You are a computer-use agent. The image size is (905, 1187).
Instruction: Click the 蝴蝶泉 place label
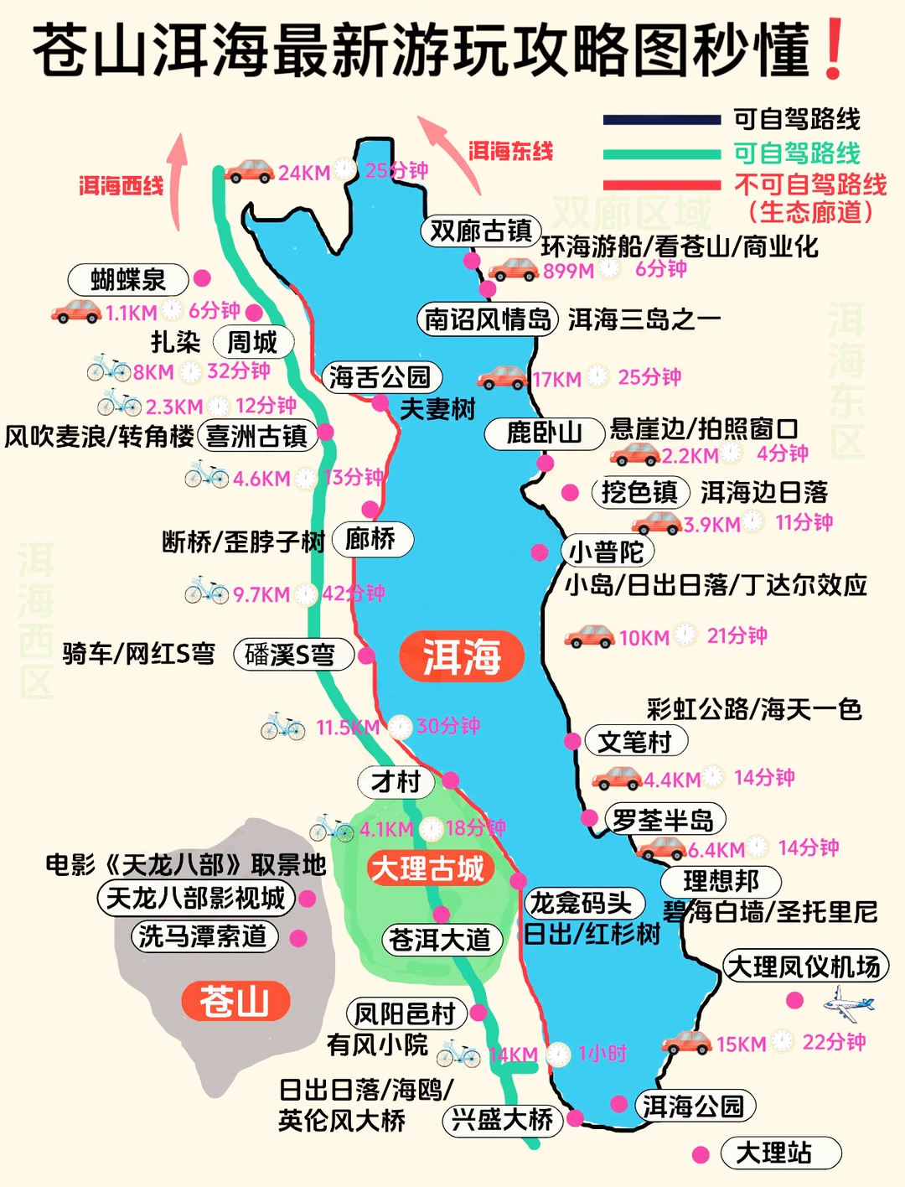tap(128, 280)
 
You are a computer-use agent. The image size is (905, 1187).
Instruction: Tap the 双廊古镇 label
tap(481, 231)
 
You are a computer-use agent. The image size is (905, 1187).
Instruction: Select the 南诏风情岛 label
tap(488, 319)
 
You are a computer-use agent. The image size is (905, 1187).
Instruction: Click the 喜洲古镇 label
tap(256, 437)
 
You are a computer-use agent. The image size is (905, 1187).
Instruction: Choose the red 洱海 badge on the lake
tap(462, 656)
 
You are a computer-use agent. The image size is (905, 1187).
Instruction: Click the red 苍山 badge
tap(235, 1001)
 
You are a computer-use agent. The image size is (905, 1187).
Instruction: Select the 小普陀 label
tap(607, 552)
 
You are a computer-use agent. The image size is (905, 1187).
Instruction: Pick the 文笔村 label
tap(635, 741)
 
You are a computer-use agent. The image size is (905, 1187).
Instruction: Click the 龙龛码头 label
tap(581, 903)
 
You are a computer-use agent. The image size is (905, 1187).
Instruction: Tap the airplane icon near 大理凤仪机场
tap(848, 1003)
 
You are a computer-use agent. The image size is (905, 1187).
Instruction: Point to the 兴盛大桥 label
tap(503, 1119)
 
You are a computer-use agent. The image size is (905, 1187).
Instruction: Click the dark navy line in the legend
tap(661, 120)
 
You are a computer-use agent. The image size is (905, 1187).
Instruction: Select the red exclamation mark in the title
tap(834, 50)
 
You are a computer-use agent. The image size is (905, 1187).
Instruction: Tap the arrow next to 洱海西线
tap(177, 180)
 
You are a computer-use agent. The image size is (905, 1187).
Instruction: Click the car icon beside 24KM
tap(249, 172)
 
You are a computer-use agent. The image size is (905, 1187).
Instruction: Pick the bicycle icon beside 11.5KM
tap(283, 726)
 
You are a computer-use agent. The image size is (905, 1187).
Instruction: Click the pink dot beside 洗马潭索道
tap(298, 938)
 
